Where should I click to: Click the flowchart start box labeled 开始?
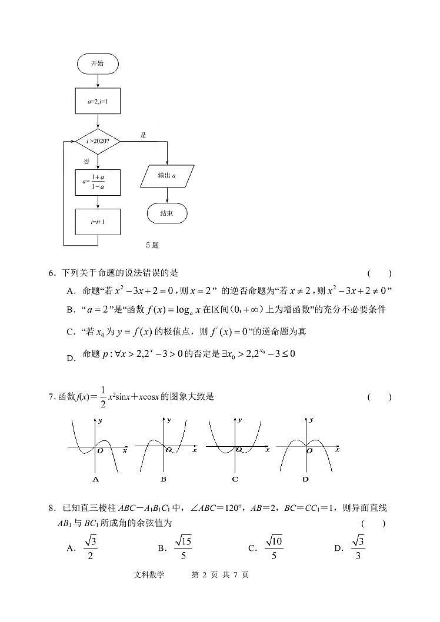pyautogui.click(x=98, y=63)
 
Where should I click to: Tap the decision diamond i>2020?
pyautogui.click(x=98, y=141)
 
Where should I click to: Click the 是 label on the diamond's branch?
pyautogui.click(x=143, y=135)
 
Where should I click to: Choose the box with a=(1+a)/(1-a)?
pyautogui.click(x=98, y=182)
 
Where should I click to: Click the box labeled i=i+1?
pyautogui.click(x=98, y=222)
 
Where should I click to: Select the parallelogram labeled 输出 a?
pyautogui.click(x=167, y=175)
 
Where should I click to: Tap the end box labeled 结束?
pyautogui.click(x=167, y=213)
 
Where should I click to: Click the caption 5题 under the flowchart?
pyautogui.click(x=152, y=245)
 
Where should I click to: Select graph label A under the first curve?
pyautogui.click(x=95, y=479)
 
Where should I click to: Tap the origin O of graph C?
pyautogui.click(x=238, y=450)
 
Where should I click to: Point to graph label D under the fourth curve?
pyautogui.click(x=305, y=479)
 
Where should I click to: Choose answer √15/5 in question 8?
pyautogui.click(x=183, y=548)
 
